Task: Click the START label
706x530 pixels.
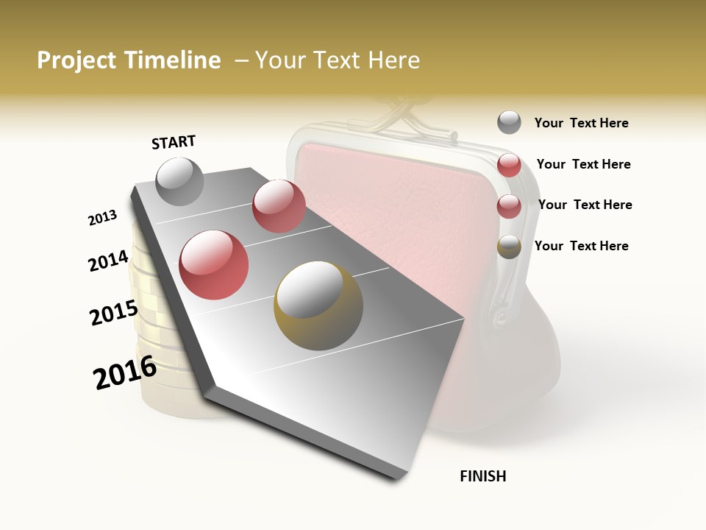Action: coord(174,142)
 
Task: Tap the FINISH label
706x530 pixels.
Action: coord(482,476)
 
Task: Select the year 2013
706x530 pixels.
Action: coord(102,218)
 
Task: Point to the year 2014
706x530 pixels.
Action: coord(108,261)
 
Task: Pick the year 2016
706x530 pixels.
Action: coord(125,372)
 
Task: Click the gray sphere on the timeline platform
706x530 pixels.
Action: coord(179,181)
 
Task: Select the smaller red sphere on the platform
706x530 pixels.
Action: coord(279,206)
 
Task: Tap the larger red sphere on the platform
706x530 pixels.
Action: coord(213,265)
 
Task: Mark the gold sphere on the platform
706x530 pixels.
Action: coord(318,305)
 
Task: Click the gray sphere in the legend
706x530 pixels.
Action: coord(509,123)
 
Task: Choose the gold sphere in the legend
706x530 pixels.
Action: coord(509,247)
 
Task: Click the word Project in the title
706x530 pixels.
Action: coord(76,60)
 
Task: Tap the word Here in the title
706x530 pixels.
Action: coord(393,60)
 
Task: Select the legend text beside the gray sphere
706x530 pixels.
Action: coord(581,123)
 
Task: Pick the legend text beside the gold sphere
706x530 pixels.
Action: coord(581,246)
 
